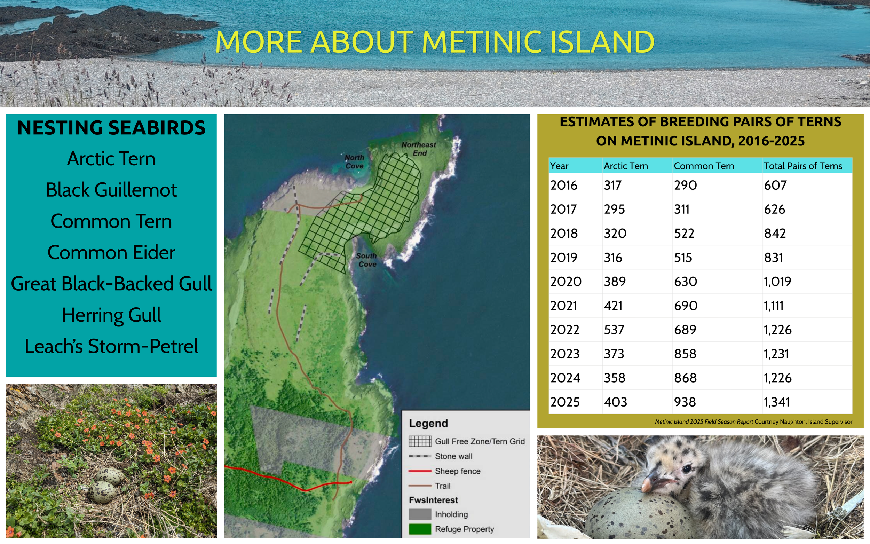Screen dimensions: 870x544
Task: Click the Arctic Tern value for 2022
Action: [x=614, y=330]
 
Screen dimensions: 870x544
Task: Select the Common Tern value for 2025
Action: [x=685, y=402]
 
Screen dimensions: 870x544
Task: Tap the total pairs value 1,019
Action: [x=777, y=281]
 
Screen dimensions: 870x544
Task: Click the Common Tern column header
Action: [x=704, y=166]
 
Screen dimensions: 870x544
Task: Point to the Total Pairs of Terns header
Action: [x=803, y=166]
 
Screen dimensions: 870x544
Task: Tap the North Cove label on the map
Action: [x=355, y=161]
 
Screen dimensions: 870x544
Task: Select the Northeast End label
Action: [x=419, y=149]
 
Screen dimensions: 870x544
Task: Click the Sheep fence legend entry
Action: [x=458, y=471]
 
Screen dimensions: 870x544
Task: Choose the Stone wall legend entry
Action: [x=453, y=456]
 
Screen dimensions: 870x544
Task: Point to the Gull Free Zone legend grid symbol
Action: [x=420, y=441]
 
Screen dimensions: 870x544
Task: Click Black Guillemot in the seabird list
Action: [x=111, y=190]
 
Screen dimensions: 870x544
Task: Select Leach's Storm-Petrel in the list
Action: [x=111, y=346]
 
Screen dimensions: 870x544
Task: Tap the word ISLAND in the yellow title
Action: [x=597, y=42]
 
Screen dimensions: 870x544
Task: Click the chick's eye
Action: [x=687, y=469]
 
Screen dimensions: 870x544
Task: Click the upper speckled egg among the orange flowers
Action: [x=109, y=476]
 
